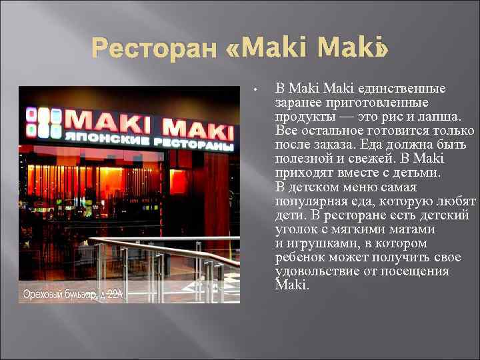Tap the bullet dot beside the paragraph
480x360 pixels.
(256, 89)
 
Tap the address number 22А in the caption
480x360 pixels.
(114, 293)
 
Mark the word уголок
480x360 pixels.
(297, 229)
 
